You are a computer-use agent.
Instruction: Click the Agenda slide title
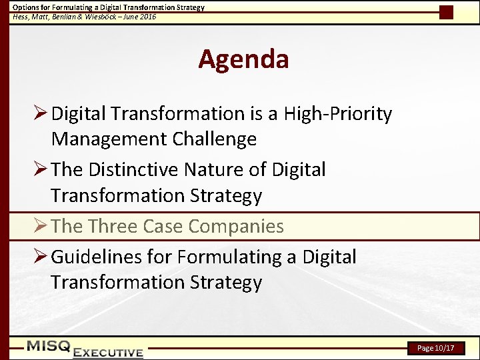pyautogui.click(x=243, y=60)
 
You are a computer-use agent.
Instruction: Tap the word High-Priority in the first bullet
pyautogui.click(x=337, y=114)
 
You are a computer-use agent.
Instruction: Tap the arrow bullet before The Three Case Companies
pyautogui.click(x=40, y=227)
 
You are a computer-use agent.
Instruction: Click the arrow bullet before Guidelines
pyautogui.click(x=40, y=257)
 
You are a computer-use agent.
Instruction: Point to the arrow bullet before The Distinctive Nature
pyautogui.click(x=40, y=170)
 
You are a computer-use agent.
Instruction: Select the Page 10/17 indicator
pyautogui.click(x=435, y=348)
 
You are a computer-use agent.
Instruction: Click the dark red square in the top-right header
pyautogui.click(x=447, y=12)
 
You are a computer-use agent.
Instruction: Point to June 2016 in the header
pyautogui.click(x=139, y=17)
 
